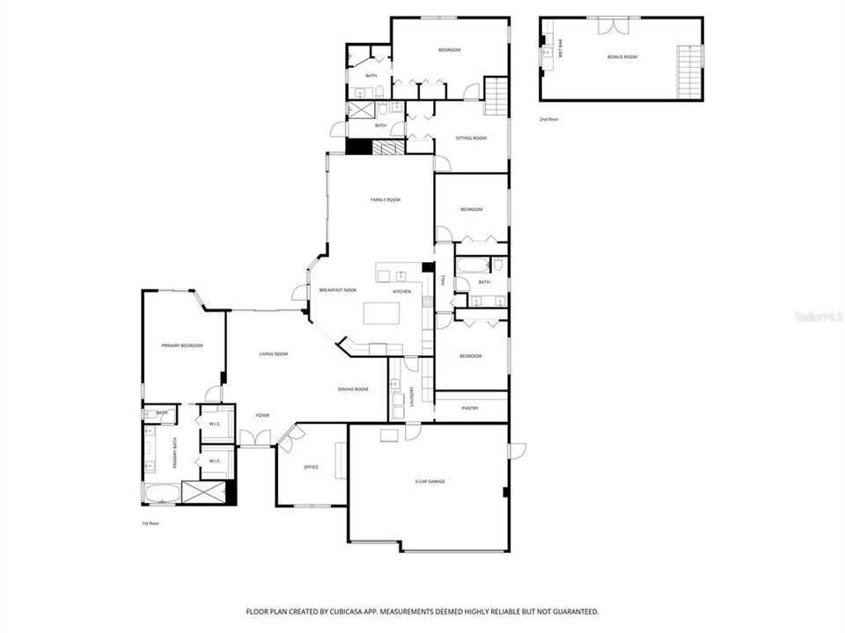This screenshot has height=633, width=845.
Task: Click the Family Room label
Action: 385,200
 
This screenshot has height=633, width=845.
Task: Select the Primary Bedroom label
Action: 181,346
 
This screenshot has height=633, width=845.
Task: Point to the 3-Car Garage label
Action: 430,481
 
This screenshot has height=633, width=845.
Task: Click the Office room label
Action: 311,467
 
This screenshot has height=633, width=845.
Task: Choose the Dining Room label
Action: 353,389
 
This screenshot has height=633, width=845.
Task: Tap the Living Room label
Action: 273,353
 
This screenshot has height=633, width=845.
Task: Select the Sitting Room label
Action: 471,138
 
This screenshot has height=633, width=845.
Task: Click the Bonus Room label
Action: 621,56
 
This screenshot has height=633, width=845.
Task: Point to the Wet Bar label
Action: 561,49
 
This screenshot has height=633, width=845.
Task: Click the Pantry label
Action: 471,407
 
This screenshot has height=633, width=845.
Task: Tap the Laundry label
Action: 411,397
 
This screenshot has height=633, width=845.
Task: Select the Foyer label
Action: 262,415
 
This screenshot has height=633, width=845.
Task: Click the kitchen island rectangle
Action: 382,313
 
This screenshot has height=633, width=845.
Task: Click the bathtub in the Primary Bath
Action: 161,494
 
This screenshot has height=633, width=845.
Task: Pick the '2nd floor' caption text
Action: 549,119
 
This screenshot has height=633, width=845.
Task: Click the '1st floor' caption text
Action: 151,523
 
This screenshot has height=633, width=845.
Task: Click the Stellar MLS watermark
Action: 818,314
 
